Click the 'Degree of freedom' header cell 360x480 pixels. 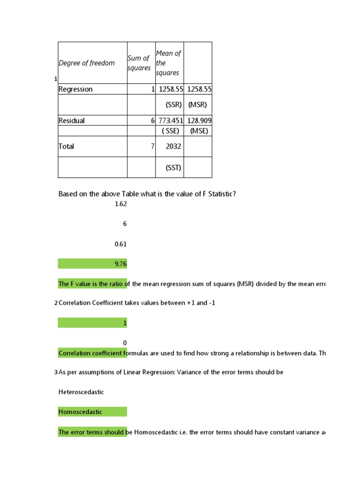tap(87, 63)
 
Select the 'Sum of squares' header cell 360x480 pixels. tap(139, 63)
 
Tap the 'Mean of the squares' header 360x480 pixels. tap(168, 63)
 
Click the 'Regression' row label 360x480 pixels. tap(75, 89)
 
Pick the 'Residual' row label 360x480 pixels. tap(72, 120)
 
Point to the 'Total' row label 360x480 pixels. tap(67, 146)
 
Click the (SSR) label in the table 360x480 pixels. tap(173, 105)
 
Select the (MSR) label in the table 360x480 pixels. tap(197, 105)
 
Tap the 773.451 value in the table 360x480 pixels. tap(171, 120)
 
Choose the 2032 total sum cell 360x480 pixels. tap(173, 146)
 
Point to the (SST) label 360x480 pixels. tap(173, 167)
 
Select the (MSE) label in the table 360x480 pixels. tap(197, 131)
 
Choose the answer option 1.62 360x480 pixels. tap(120, 204)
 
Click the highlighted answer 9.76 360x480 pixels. tap(120, 264)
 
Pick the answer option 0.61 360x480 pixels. tap(120, 244)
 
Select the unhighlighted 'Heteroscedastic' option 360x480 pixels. tap(81, 392)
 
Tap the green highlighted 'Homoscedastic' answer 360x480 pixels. tap(80, 412)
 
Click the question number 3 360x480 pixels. tap(56, 372)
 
